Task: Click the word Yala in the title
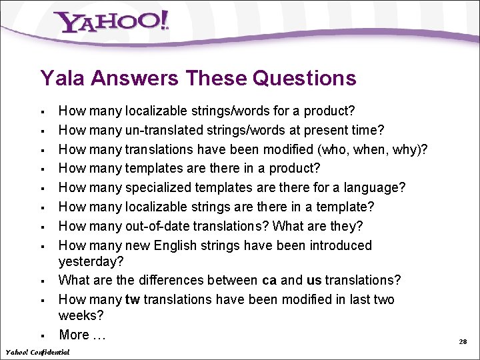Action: tap(63, 79)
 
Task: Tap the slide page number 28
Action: tap(463, 341)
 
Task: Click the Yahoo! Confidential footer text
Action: tap(37, 351)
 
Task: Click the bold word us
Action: tap(313, 280)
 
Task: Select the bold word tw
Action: tap(132, 299)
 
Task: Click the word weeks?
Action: tap(81, 315)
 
